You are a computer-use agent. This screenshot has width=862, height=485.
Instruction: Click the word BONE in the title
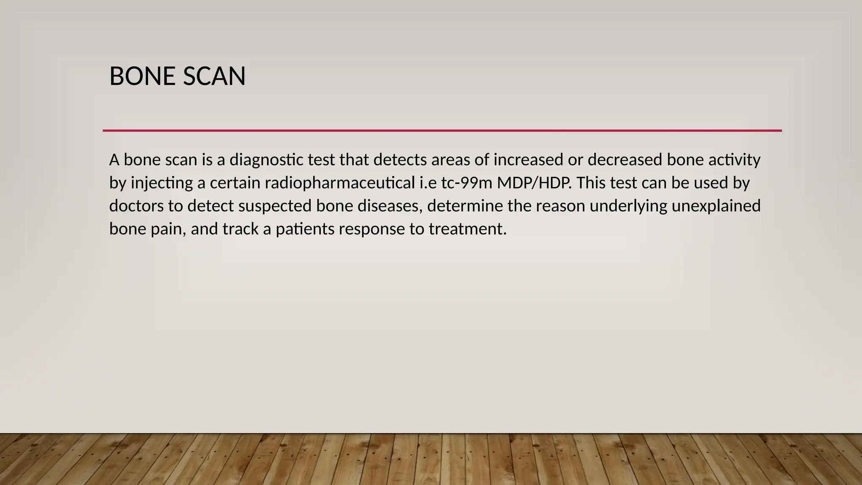click(142, 77)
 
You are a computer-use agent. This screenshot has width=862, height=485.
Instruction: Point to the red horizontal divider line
click(442, 131)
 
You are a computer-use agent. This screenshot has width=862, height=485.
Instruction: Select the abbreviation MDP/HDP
click(535, 183)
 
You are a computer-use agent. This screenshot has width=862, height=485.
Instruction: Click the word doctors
click(136, 206)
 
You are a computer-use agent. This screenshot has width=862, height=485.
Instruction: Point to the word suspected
click(275, 207)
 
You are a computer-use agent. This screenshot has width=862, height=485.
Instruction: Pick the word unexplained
click(716, 207)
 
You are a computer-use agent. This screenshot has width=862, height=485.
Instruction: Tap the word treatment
click(468, 229)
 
